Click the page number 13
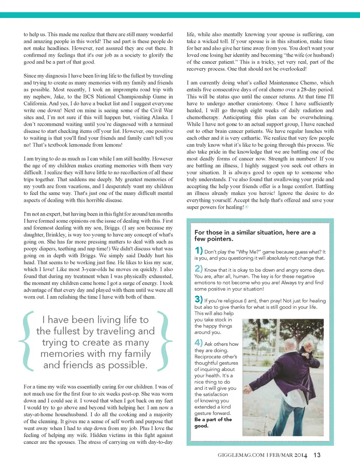[317, 455]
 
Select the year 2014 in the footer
[301, 455]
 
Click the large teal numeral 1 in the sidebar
[198, 250]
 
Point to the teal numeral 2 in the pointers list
[198, 268]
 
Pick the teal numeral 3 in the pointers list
[198, 299]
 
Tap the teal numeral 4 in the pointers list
[198, 343]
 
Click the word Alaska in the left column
[160, 117]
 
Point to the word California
[35, 103]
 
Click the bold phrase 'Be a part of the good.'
[213, 423]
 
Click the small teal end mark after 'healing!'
[246, 207]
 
